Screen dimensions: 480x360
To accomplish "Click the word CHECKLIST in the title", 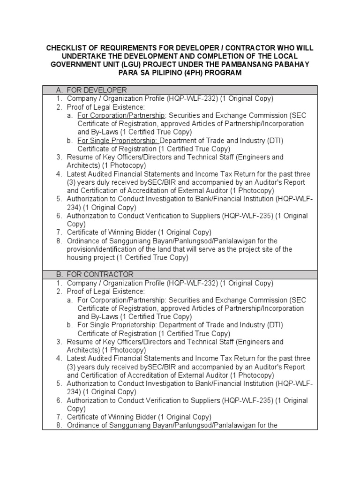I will coord(66,48).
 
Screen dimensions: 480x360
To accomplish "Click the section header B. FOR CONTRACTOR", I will coord(94,274).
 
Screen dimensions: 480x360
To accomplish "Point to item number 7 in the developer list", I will coord(60,232).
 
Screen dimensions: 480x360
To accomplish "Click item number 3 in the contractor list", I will coord(60,342).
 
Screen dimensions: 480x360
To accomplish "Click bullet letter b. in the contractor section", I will coord(70,325).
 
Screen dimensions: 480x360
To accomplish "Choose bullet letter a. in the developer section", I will coord(70,115).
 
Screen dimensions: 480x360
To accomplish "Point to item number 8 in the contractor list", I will coord(60,426).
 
